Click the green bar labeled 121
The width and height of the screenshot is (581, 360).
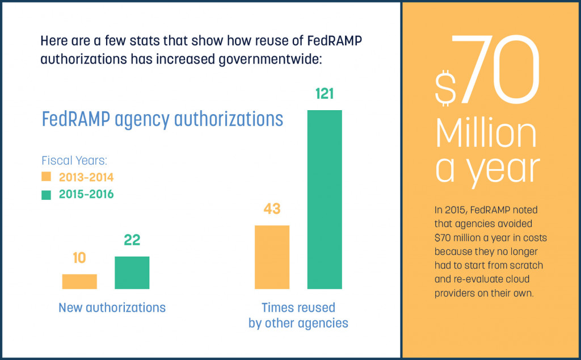coord(325,199)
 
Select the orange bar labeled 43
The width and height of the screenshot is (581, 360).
coord(272,257)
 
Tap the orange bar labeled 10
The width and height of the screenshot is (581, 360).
coord(79,281)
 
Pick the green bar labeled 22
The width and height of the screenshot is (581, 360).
coord(132,273)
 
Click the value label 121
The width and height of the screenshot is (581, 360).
coord(325,94)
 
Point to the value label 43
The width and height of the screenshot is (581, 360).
coord(272,209)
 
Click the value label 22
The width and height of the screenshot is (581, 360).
coord(132,240)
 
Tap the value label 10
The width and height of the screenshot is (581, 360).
coord(79,258)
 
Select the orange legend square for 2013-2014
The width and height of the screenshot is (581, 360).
coord(47,176)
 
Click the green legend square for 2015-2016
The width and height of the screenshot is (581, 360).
coord(47,194)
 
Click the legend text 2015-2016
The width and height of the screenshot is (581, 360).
coord(86,194)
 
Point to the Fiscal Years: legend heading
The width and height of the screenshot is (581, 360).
coord(74,160)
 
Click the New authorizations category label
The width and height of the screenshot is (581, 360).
coord(112,308)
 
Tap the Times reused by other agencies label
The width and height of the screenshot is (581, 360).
coord(298,316)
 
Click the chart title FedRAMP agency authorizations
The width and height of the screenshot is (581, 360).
coord(162,119)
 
